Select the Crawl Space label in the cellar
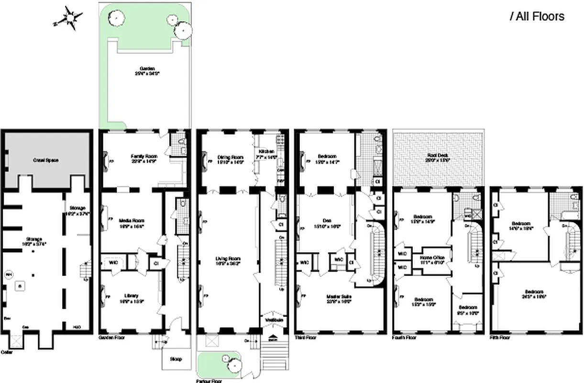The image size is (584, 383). (46, 160)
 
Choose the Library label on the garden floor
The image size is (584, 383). (131, 295)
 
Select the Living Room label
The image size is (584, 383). (228, 259)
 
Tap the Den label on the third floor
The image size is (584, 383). (327, 220)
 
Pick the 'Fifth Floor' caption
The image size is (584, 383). (500, 338)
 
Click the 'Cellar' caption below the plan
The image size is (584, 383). (7, 352)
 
